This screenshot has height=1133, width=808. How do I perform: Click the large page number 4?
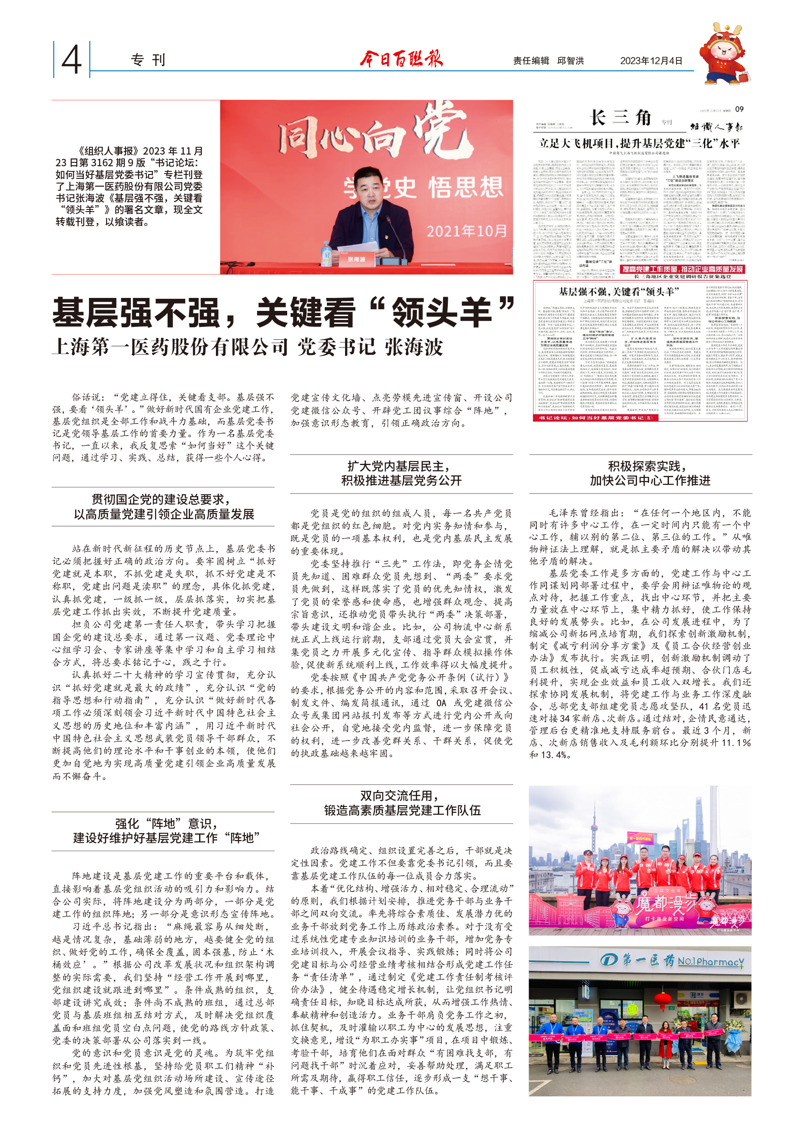click(71, 60)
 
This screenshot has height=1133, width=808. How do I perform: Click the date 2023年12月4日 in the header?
click(651, 61)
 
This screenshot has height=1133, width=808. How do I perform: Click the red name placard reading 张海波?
click(356, 260)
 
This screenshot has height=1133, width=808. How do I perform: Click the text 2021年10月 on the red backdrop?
click(466, 231)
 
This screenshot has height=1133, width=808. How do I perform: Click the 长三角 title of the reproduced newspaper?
click(621, 118)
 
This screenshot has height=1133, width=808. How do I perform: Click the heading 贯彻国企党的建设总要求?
click(161, 499)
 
